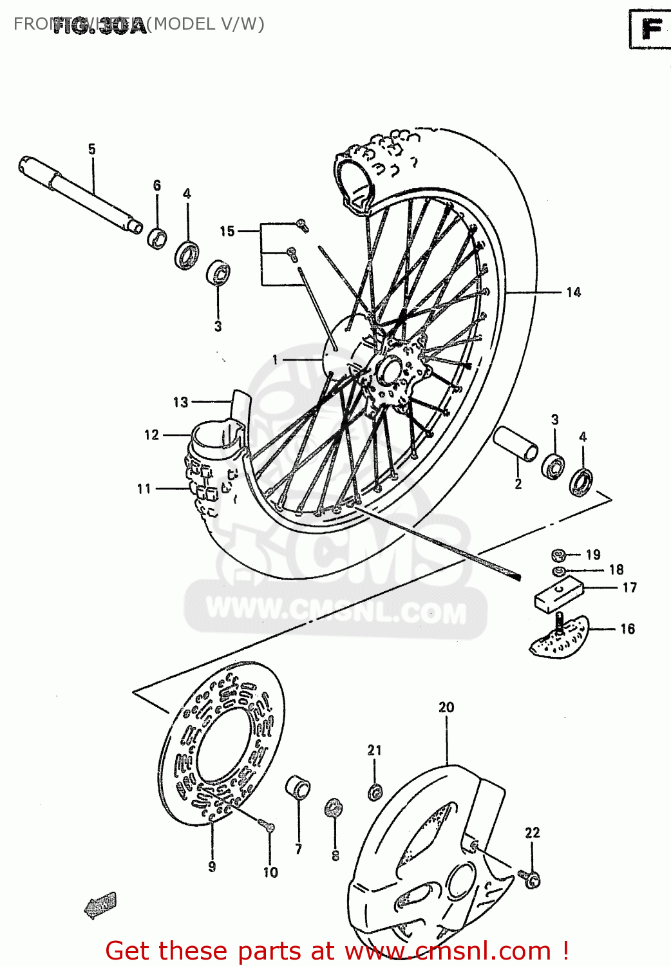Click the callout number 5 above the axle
pyautogui.click(x=91, y=149)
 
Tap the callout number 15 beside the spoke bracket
pyautogui.click(x=227, y=231)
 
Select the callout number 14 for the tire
pyautogui.click(x=573, y=292)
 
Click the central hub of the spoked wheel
pyautogui.click(x=389, y=372)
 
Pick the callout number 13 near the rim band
pyautogui.click(x=180, y=402)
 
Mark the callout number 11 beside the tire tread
pyautogui.click(x=144, y=489)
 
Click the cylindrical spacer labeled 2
pyautogui.click(x=516, y=444)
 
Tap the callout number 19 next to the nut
pyautogui.click(x=593, y=554)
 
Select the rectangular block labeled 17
pyautogui.click(x=558, y=596)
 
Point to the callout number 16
pyautogui.click(x=627, y=629)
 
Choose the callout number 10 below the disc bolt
pyautogui.click(x=270, y=872)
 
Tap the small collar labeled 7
pyautogui.click(x=298, y=787)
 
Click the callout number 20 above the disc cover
pyautogui.click(x=446, y=707)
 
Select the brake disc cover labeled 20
pyautogui.click(x=425, y=857)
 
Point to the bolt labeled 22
pyautogui.click(x=531, y=878)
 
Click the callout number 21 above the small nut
pyautogui.click(x=375, y=750)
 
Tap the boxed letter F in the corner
pyautogui.click(x=650, y=29)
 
